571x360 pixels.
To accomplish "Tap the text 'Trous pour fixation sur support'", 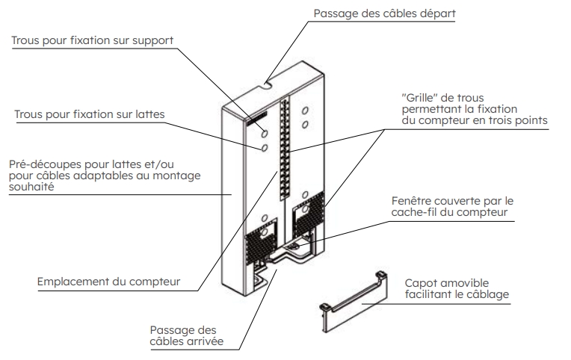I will pyautogui.click(x=91, y=41).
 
